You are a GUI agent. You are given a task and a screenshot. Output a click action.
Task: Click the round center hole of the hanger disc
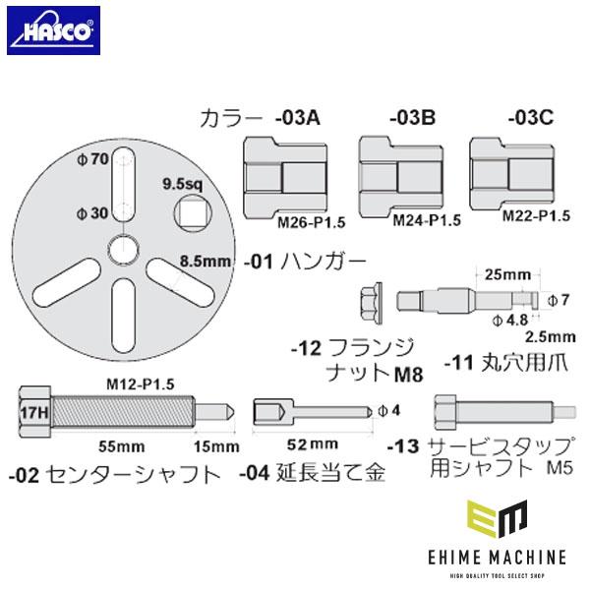click(x=123, y=248)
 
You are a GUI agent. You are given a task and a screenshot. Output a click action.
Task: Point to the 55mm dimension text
click(x=101, y=445)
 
